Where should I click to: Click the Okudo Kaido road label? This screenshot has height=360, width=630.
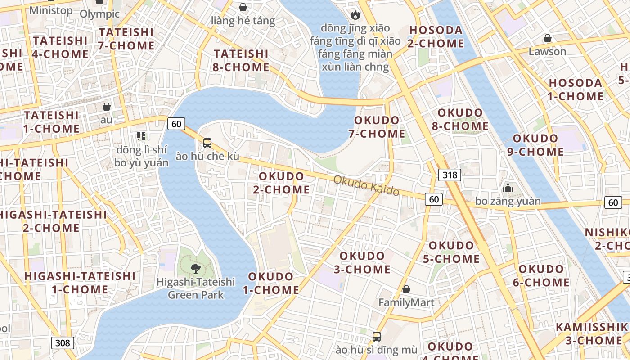(366, 185)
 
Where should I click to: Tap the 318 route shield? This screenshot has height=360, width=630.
(450, 175)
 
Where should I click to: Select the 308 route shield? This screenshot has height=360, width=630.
(63, 343)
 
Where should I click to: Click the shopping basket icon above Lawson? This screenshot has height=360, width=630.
(548, 39)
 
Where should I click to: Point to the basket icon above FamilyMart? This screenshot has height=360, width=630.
(406, 289)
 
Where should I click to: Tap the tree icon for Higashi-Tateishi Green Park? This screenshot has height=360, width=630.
(196, 269)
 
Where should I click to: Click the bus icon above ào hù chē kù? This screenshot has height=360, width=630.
(207, 143)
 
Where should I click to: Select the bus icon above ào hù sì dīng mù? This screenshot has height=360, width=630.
(377, 336)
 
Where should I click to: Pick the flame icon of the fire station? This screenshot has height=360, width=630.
(355, 15)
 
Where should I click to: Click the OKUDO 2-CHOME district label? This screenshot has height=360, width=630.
(281, 183)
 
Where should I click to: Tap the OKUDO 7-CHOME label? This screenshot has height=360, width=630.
(377, 127)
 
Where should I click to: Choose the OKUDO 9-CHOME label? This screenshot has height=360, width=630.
(535, 145)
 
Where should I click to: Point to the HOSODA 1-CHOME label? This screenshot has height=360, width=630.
(576, 90)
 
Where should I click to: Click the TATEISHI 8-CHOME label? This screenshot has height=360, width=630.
(241, 60)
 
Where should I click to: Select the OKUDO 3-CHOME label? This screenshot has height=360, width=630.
(362, 262)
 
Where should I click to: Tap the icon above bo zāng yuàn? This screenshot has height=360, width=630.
(508, 188)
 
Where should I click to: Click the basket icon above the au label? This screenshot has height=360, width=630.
(107, 107)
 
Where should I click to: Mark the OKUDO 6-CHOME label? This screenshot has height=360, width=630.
(541, 275)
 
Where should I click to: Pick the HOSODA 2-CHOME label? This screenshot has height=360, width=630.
(436, 37)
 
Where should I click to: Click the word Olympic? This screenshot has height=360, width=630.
(99, 13)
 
